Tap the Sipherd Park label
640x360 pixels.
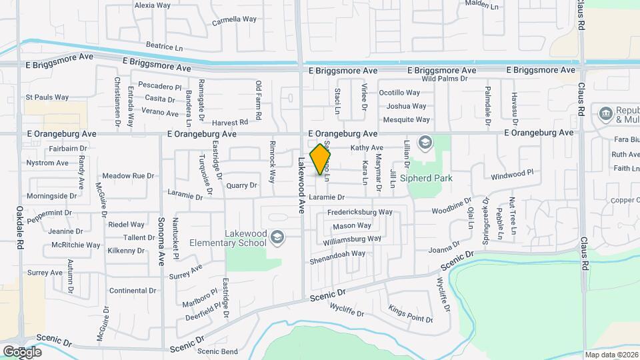click(x=430, y=178)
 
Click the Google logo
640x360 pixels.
click(x=22, y=351)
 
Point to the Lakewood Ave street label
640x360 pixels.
click(x=301, y=185)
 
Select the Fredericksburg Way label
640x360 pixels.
click(x=359, y=212)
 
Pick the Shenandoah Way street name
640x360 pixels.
click(x=337, y=253)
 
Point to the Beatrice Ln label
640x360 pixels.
click(x=164, y=47)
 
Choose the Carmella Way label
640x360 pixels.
click(x=234, y=20)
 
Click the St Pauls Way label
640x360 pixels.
click(x=47, y=97)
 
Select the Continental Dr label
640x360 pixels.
click(x=132, y=291)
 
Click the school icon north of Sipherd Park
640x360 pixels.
click(x=424, y=143)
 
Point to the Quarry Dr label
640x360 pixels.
click(x=241, y=185)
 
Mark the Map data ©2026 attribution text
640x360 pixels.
click(x=610, y=355)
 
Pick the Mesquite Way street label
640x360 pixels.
click(x=406, y=120)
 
